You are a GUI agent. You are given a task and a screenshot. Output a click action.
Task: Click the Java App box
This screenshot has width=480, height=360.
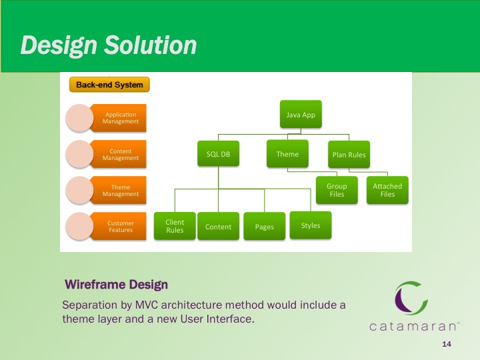point(301,114)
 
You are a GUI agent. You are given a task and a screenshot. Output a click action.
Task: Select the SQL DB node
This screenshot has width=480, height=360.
point(218,154)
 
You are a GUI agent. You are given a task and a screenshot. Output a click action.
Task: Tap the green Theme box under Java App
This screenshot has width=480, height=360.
point(287,154)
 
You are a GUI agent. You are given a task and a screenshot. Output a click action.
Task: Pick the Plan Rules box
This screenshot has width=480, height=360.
point(349,155)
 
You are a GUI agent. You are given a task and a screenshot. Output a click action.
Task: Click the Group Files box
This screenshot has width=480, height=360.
point(337,190)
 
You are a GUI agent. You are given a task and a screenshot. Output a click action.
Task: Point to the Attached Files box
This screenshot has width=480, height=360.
point(387,190)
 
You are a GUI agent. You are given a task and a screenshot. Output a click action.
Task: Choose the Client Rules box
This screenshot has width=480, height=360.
point(175,226)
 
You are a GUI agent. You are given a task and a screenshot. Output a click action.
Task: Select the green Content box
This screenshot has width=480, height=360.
point(218,226)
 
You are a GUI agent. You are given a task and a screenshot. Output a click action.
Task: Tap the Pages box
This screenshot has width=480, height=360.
point(265,226)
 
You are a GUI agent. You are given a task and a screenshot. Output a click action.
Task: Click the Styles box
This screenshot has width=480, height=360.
point(311,225)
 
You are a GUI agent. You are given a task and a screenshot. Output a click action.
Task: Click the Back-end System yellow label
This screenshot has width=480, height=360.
point(109,85)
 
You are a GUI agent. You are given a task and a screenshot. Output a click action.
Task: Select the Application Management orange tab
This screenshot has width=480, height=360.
point(119,118)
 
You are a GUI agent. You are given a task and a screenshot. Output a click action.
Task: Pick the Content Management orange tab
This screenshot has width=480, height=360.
point(119,154)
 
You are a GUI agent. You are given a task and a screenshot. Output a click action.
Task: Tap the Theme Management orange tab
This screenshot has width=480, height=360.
point(119,190)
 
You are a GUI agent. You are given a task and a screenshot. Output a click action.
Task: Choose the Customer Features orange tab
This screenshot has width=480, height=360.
point(119,226)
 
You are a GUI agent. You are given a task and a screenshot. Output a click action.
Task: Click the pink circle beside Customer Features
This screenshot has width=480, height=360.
point(79,226)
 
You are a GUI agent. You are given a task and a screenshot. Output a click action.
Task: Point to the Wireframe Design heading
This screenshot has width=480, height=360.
point(116,285)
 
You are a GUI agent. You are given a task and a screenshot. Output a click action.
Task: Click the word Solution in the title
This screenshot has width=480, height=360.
point(150,45)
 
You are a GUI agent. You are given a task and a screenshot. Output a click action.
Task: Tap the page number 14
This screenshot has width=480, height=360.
point(447,344)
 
